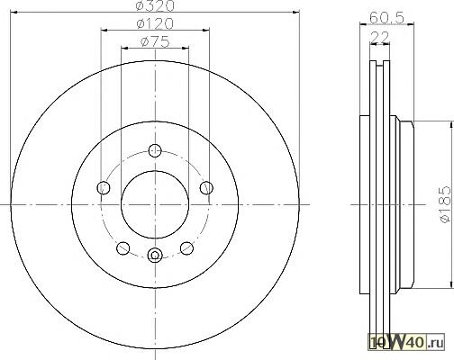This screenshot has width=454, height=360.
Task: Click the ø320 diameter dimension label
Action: [155, 6]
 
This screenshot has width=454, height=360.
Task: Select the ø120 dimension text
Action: [155, 23]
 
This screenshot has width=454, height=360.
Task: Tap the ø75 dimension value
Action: [155, 41]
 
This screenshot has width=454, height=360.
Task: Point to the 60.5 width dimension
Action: [386, 18]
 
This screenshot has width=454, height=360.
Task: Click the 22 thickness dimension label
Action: [380, 37]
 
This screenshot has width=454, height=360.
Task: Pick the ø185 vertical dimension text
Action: [445, 204]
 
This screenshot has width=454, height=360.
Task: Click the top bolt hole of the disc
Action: [155, 150]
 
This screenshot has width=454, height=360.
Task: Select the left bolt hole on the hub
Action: [104, 188]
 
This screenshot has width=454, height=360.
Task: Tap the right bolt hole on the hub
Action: [206, 188]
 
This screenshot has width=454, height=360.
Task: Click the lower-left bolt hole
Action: [123, 248]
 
